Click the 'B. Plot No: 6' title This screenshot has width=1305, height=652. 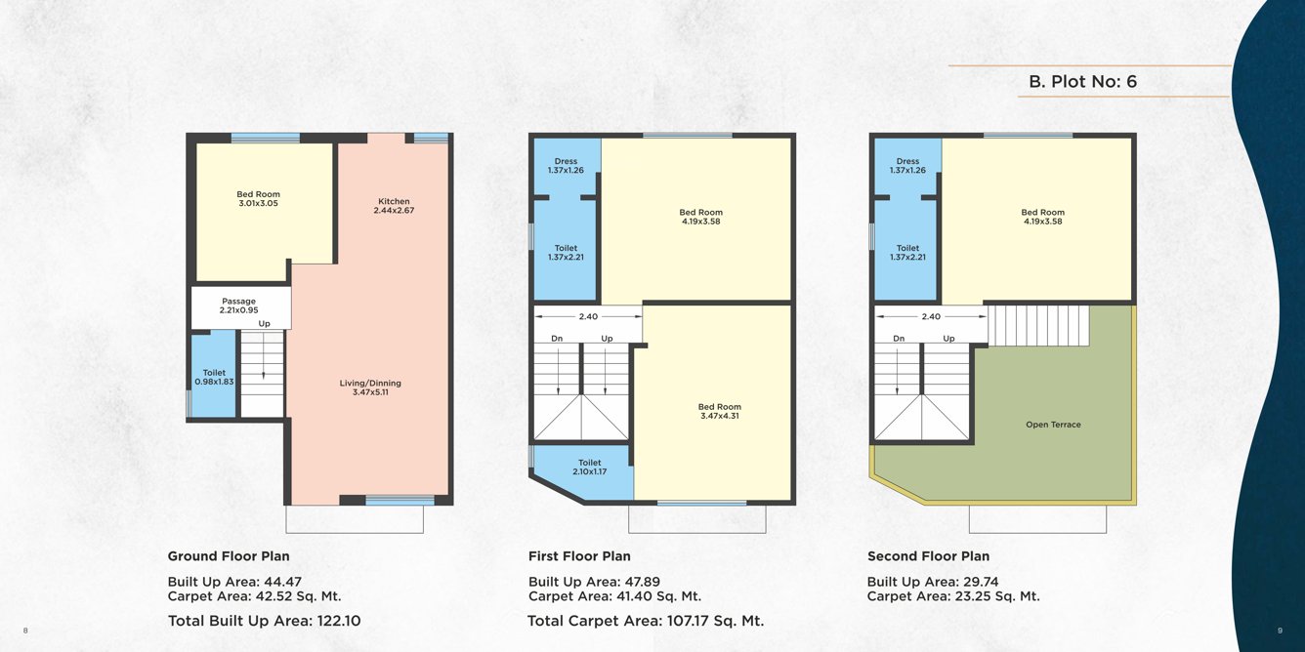(x=1082, y=82)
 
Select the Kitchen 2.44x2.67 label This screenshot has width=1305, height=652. (x=394, y=206)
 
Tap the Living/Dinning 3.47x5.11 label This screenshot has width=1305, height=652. (x=370, y=387)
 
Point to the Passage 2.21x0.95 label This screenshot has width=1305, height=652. (x=238, y=306)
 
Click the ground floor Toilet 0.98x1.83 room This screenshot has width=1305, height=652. (x=214, y=377)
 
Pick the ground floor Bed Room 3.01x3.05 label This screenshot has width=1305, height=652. (x=258, y=199)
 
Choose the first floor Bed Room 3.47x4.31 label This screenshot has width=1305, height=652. (x=719, y=411)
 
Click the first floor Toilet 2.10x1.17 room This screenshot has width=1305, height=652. (x=589, y=468)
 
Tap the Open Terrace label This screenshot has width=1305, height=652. (x=1053, y=425)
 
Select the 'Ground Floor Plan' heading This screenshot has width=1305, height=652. (x=229, y=556)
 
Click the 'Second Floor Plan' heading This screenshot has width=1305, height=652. (x=928, y=556)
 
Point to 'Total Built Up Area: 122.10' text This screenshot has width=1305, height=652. (x=265, y=620)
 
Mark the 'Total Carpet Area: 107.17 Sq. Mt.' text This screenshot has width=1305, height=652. (x=645, y=620)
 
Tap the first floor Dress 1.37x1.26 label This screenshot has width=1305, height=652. (x=566, y=166)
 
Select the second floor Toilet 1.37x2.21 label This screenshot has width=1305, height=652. (x=907, y=253)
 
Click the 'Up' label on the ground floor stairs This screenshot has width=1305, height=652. (x=264, y=324)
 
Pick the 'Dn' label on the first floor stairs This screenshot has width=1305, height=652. (x=557, y=339)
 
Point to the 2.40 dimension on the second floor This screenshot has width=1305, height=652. (x=931, y=316)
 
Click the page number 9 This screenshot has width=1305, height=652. (x=1280, y=631)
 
